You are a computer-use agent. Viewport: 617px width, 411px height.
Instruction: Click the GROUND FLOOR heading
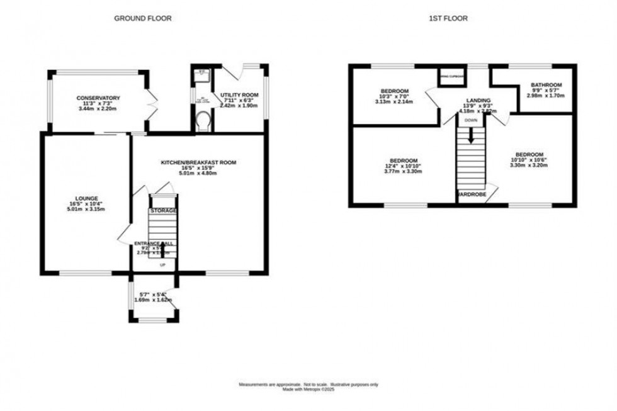pos(142,18)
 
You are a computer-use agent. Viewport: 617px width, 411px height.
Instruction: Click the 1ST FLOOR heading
pos(448,18)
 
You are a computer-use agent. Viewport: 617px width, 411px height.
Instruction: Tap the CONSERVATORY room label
pos(98,98)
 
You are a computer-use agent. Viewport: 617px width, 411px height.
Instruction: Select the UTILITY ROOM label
pos(239,95)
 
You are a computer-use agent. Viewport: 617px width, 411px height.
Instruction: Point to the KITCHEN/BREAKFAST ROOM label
pos(198,162)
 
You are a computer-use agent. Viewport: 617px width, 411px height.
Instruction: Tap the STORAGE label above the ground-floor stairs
pos(162,210)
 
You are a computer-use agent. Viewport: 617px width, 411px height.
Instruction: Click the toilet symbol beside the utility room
pos(201,120)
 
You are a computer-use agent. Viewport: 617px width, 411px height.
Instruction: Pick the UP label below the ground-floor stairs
pos(162,266)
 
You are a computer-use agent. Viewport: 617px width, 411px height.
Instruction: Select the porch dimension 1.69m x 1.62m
pos(153,300)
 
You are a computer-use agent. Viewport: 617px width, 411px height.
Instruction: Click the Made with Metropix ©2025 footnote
pos(308,389)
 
